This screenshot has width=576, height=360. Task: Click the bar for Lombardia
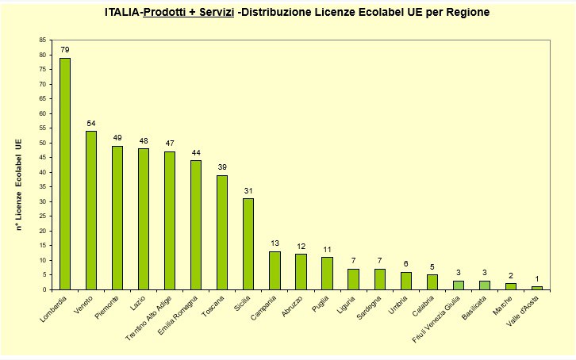[65, 174]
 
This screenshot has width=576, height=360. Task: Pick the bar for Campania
[275, 270]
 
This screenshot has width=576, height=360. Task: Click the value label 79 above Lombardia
[65, 50]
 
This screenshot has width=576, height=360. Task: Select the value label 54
[91, 124]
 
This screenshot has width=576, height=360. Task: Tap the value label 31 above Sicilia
[248, 191]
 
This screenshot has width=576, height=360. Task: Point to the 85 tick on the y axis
[43, 40]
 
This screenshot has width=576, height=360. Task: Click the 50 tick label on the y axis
[43, 143]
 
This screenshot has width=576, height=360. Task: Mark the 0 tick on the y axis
[45, 289]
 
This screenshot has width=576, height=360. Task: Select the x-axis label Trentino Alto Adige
[149, 319]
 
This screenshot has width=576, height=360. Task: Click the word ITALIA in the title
[122, 13]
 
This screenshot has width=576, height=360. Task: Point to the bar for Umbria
[405, 281]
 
